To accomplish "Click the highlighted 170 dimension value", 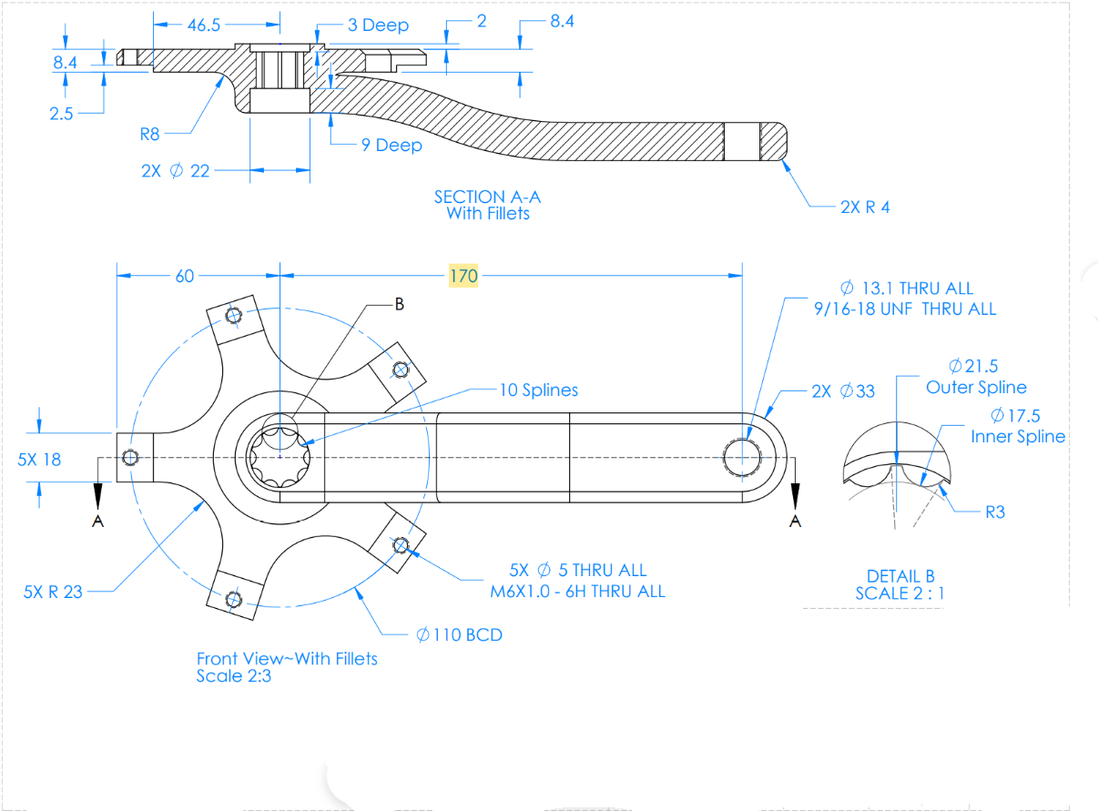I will click(x=463, y=275).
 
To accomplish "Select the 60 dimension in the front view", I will click(x=185, y=276).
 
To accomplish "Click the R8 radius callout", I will click(x=150, y=134).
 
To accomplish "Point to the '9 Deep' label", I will click(x=391, y=145).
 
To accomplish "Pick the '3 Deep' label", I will click(x=378, y=25).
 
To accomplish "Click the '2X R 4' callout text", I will click(x=865, y=207).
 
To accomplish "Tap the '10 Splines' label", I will click(x=538, y=390).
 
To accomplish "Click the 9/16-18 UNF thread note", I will click(x=905, y=309).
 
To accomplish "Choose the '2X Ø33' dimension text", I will click(x=843, y=391).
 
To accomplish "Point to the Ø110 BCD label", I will click(x=459, y=634).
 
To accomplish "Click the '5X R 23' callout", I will click(x=52, y=592).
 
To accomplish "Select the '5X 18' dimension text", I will click(x=39, y=459).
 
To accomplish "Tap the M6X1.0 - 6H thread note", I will click(x=577, y=592).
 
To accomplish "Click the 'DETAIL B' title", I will click(x=900, y=576).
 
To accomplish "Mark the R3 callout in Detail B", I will click(x=995, y=512).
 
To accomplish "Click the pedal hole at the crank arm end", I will click(x=742, y=456).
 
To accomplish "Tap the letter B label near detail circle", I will click(x=398, y=305).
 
